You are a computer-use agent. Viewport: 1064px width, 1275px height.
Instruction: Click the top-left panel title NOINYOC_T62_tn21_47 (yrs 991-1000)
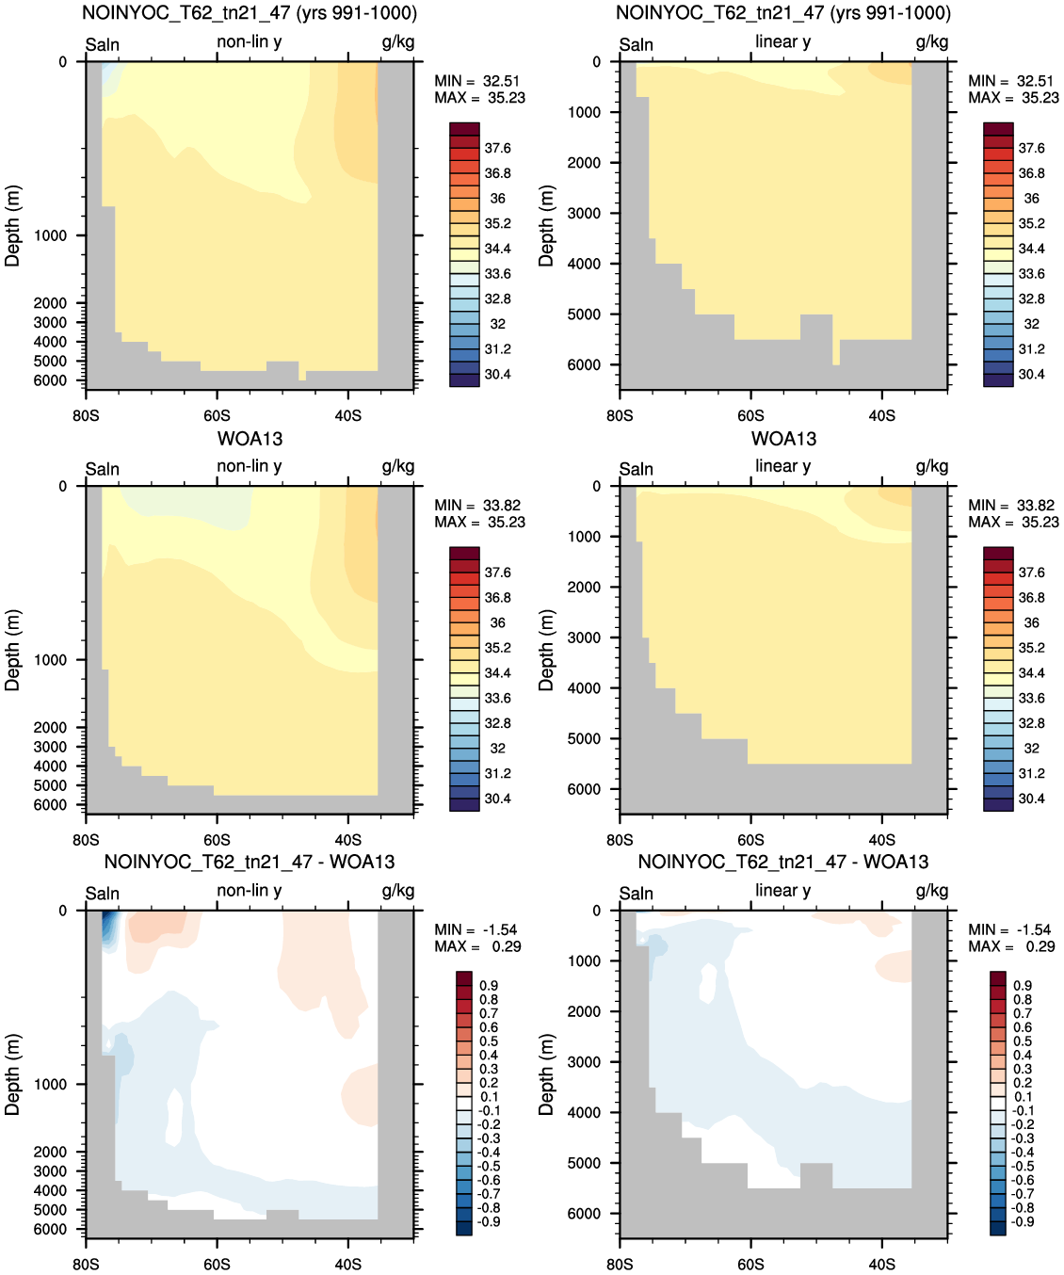(250, 13)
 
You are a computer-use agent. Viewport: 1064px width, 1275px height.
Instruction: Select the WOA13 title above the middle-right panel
(783, 439)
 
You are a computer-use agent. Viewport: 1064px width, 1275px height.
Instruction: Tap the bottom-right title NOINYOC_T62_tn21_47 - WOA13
(783, 862)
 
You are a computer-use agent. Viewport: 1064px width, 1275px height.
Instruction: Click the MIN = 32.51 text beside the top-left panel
(477, 81)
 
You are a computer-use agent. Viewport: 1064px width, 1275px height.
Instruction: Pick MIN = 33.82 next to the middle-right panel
(1011, 506)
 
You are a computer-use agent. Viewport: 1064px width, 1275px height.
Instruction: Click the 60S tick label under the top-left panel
(217, 416)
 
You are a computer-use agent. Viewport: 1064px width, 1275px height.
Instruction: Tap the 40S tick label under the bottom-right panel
(882, 1265)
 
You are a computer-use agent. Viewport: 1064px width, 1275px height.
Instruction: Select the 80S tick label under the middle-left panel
(86, 840)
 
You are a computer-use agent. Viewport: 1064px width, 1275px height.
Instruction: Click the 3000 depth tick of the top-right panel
(585, 213)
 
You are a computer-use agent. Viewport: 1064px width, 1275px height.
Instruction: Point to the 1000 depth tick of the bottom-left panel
(51, 1084)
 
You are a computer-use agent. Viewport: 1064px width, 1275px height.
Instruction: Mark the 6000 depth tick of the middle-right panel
(585, 789)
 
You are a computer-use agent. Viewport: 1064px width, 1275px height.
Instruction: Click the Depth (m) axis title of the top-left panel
(12, 226)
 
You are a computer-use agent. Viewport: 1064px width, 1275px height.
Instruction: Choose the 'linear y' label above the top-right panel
(783, 41)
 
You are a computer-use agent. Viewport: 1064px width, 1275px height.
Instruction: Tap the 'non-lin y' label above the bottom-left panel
(250, 891)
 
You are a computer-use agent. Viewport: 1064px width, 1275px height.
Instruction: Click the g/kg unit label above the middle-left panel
(398, 467)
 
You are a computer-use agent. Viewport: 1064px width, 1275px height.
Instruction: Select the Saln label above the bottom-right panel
(636, 894)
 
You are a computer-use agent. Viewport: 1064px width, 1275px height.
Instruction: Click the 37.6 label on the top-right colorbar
(1032, 149)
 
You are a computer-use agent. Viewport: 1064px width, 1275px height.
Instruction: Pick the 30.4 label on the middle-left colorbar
(498, 799)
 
